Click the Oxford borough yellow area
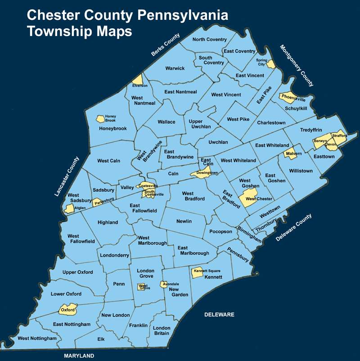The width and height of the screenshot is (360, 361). coord(68,310)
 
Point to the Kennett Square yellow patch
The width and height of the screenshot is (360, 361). coord(198,272)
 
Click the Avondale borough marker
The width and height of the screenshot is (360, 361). coord(164,284)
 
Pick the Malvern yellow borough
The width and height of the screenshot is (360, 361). coord(291,153)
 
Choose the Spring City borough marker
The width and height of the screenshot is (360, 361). coord(270,64)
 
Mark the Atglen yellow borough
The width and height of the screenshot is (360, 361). coord(69,208)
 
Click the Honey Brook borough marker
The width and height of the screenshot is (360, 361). coord(101,119)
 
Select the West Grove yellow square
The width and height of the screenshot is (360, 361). coord(141,287)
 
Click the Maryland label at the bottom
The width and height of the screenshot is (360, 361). coord(79,356)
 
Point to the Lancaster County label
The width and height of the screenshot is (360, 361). coord(67,176)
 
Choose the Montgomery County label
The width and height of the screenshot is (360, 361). coord(297,66)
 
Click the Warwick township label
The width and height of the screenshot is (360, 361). coord(175,68)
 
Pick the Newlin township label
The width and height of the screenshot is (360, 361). coord(184,221)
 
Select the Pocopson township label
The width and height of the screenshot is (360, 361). coord(220,231)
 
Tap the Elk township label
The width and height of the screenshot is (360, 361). coord(101,339)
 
